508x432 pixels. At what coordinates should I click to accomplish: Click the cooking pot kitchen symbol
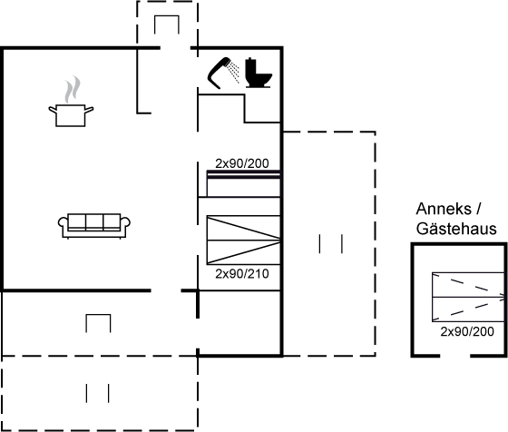tap(71, 115)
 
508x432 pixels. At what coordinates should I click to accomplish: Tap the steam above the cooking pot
tap(73, 89)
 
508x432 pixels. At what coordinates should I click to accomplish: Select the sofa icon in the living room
tap(94, 226)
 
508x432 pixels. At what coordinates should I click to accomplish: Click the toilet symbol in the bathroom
tap(259, 73)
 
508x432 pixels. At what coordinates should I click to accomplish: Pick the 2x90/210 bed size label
tap(242, 274)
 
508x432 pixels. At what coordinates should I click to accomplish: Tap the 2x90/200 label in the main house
tap(242, 163)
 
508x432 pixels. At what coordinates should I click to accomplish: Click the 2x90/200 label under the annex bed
tap(467, 331)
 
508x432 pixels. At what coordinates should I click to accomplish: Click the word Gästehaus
tap(456, 229)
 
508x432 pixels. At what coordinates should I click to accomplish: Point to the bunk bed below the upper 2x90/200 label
tap(243, 183)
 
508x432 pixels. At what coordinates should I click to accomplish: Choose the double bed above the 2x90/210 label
tap(243, 240)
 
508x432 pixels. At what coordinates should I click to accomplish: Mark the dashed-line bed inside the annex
tap(468, 297)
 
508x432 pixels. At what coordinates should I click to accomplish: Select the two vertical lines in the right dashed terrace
tap(331, 244)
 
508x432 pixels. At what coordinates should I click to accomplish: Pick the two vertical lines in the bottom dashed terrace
tap(98, 393)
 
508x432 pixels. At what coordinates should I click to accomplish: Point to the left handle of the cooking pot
tap(53, 110)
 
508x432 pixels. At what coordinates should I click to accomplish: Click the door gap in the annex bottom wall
tap(455, 356)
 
